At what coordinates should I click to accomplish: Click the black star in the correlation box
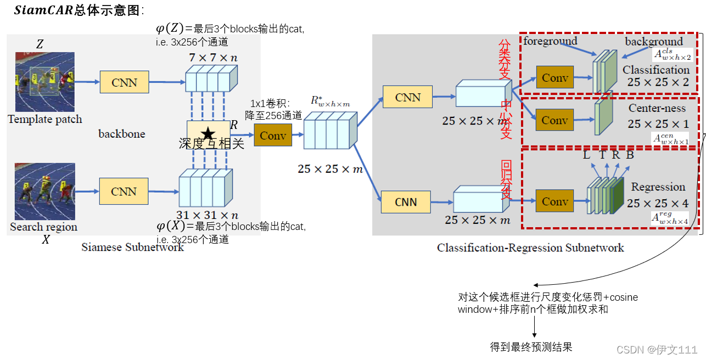pyautogui.click(x=208, y=133)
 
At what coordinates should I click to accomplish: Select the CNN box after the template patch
pyautogui.click(x=124, y=82)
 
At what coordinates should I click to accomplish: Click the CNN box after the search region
pyautogui.click(x=124, y=192)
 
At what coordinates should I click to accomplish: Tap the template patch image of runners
pyautogui.click(x=44, y=82)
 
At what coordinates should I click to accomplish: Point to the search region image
pyautogui.click(x=44, y=192)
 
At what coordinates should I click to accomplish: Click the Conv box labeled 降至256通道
pyautogui.click(x=273, y=135)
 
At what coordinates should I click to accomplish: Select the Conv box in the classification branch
pyautogui.click(x=555, y=78)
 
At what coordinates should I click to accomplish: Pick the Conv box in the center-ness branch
pyautogui.click(x=555, y=120)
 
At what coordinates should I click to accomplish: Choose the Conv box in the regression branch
pyautogui.click(x=555, y=202)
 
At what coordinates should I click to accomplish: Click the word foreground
pyautogui.click(x=550, y=41)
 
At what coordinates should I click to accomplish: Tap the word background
pyautogui.click(x=653, y=42)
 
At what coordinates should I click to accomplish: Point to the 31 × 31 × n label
pyautogui.click(x=207, y=215)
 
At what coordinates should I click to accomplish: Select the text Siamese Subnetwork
pyautogui.click(x=132, y=248)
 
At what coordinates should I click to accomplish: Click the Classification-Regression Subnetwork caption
pyautogui.click(x=530, y=248)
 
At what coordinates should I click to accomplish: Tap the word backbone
pyautogui.click(x=122, y=133)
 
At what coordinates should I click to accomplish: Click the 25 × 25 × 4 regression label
pyautogui.click(x=657, y=204)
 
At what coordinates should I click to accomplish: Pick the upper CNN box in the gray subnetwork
pyautogui.click(x=408, y=97)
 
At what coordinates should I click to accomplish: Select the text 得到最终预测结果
pyautogui.click(x=531, y=347)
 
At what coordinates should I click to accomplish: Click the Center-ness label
pyautogui.click(x=657, y=108)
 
